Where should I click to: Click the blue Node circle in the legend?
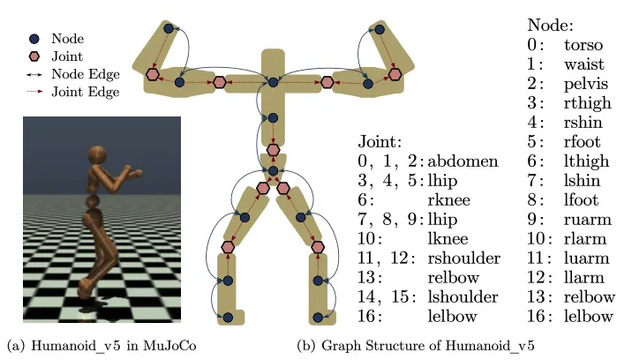coord(34,39)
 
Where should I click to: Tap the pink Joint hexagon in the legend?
coord(34,56)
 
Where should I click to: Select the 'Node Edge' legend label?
coord(86,74)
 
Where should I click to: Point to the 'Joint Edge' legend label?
coord(86,92)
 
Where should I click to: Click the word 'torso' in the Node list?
coord(583,45)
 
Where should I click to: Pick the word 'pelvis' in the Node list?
coord(585,84)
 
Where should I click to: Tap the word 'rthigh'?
coord(588,103)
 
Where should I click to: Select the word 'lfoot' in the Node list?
coord(581,200)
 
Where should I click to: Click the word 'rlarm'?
coord(585,238)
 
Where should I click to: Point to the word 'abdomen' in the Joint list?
coord(463,161)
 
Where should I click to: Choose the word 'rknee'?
coord(448,200)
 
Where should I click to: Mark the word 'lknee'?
coord(448,238)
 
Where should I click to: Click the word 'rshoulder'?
coord(464,258)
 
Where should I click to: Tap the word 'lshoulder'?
coord(463,296)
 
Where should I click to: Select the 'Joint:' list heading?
coord(380,142)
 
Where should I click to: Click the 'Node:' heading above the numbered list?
coord(550,26)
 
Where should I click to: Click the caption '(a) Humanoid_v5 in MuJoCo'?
coord(102,346)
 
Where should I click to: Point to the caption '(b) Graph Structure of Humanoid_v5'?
coord(416,346)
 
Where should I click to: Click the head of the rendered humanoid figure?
coord(97,155)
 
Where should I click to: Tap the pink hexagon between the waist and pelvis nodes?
coord(274,150)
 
